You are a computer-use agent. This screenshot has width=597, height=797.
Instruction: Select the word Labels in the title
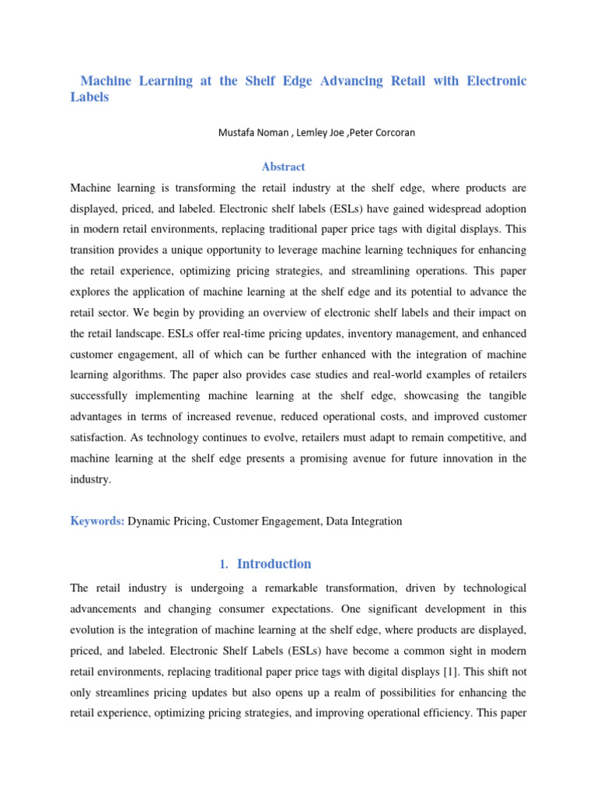(89, 98)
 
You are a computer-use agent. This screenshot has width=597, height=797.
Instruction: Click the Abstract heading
(284, 167)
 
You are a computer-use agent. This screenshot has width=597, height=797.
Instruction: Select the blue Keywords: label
(97, 521)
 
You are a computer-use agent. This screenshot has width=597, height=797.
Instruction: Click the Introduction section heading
(274, 564)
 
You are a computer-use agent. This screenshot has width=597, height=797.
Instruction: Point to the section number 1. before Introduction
(224, 564)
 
